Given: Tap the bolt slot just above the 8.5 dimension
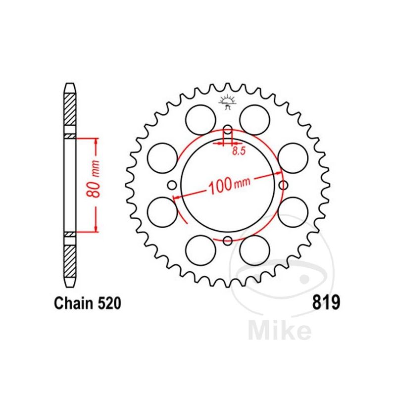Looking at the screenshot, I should (228, 133).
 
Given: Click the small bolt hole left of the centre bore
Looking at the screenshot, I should (173, 186).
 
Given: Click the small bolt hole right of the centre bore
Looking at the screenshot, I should (283, 185).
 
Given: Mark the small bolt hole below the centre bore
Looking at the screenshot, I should (228, 241).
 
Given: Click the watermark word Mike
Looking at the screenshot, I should (280, 331).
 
